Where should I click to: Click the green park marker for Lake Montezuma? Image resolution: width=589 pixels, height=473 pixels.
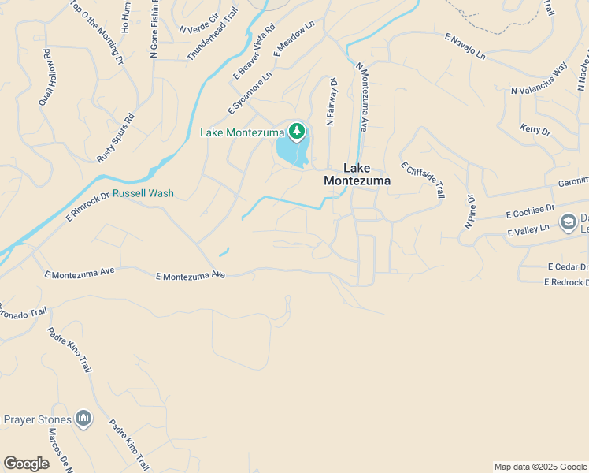[x=297, y=132]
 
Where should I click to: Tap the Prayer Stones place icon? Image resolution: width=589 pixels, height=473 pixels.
[x=83, y=419]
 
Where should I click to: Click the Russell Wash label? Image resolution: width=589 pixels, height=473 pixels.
[x=143, y=193]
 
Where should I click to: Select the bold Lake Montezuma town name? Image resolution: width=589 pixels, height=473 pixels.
[x=357, y=174]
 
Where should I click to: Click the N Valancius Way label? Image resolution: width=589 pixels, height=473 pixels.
[x=539, y=80]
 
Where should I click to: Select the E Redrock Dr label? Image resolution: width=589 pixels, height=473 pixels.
[x=566, y=282]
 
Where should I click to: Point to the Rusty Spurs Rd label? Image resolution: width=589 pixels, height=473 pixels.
[x=116, y=138]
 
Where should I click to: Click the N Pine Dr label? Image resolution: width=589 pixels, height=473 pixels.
[x=469, y=211]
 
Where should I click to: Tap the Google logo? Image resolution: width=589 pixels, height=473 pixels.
[x=26, y=464]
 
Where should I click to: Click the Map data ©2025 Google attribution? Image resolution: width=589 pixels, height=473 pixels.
[x=539, y=467]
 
